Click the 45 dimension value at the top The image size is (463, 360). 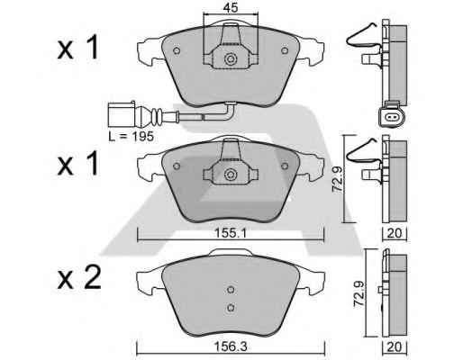tap(231, 8)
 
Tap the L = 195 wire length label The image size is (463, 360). tap(132, 137)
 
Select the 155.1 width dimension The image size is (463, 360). tap(231, 233)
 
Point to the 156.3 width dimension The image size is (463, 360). tap(231, 346)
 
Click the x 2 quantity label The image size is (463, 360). tap(79, 278)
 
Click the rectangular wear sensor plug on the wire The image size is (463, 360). tap(122, 114)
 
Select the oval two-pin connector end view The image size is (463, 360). tap(392, 116)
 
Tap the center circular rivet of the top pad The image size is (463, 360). tap(231, 58)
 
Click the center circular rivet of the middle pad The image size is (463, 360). tap(231, 175)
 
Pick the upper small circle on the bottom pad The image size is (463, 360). tap(231, 290)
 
